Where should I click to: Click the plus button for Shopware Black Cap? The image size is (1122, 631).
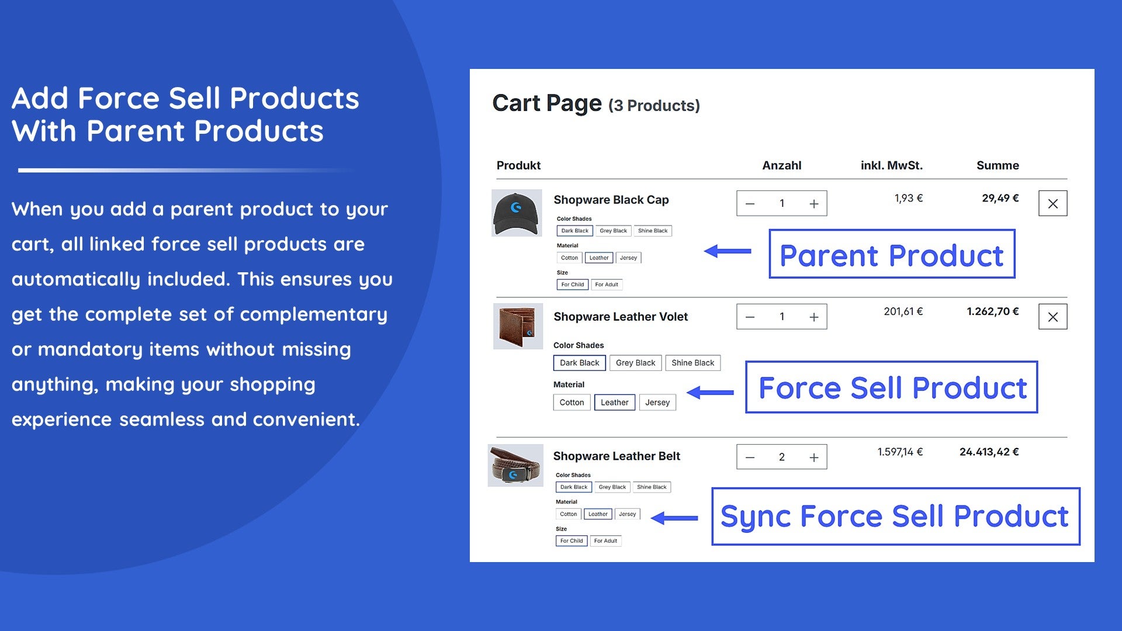tap(813, 204)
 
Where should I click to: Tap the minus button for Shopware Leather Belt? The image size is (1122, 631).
tap(750, 457)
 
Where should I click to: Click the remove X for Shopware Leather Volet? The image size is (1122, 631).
tap(1053, 317)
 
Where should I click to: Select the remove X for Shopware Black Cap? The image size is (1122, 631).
tap(1053, 203)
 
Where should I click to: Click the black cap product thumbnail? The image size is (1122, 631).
tap(517, 213)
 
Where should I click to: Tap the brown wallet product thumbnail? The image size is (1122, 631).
tap(518, 326)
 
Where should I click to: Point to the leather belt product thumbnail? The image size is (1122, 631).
tap(516, 465)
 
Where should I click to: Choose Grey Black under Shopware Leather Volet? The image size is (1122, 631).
tap(636, 363)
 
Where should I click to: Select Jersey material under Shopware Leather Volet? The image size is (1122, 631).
tap(657, 403)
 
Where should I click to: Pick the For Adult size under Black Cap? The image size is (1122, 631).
tap(607, 285)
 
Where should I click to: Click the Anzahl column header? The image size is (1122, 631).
tap(782, 165)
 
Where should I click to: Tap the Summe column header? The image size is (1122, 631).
tap(998, 165)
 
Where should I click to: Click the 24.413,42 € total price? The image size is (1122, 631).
tap(989, 452)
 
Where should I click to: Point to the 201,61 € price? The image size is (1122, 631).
tap(903, 311)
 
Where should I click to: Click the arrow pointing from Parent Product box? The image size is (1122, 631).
tap(728, 251)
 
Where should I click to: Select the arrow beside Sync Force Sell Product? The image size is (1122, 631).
tap(674, 518)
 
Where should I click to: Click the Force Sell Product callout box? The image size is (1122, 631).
tap(892, 387)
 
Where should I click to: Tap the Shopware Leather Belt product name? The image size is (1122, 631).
tap(617, 456)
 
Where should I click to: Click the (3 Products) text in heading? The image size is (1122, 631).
tap(654, 106)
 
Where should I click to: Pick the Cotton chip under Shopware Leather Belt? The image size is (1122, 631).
tap(569, 514)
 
